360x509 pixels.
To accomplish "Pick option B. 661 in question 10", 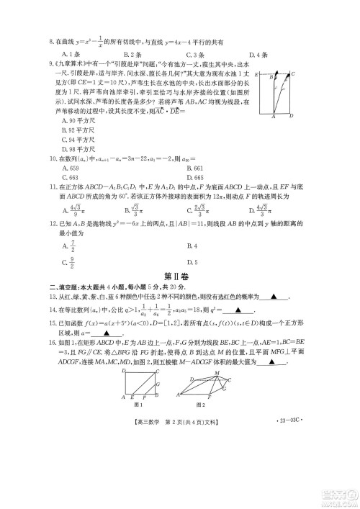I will tap(196, 168).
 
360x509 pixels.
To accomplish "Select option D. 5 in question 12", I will tap(192, 263).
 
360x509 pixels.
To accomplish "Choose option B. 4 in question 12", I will tap(192, 244).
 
